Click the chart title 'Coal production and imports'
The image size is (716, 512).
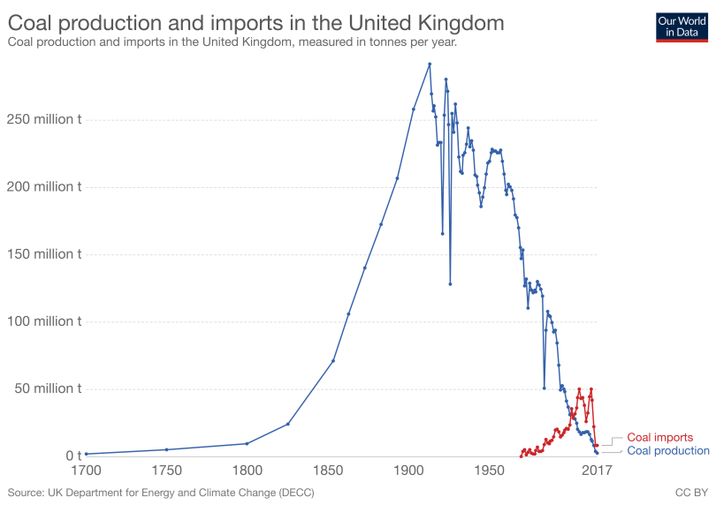pyautogui.click(x=255, y=22)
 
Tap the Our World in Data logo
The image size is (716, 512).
pyautogui.click(x=682, y=26)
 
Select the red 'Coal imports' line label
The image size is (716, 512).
pyautogui.click(x=659, y=437)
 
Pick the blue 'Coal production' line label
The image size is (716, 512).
pyautogui.click(x=667, y=451)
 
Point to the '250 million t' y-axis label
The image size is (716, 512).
pyautogui.click(x=43, y=120)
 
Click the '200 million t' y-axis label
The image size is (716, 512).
pyautogui.click(x=43, y=187)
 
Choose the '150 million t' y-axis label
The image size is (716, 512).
pyautogui.click(x=43, y=254)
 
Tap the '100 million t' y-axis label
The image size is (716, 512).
pyautogui.click(x=43, y=321)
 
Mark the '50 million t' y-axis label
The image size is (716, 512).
pyautogui.click(x=47, y=388)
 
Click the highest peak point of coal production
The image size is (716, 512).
pyautogui.click(x=430, y=64)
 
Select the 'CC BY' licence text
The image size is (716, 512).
pyautogui.click(x=691, y=492)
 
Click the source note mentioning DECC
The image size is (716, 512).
pyautogui.click(x=161, y=492)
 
